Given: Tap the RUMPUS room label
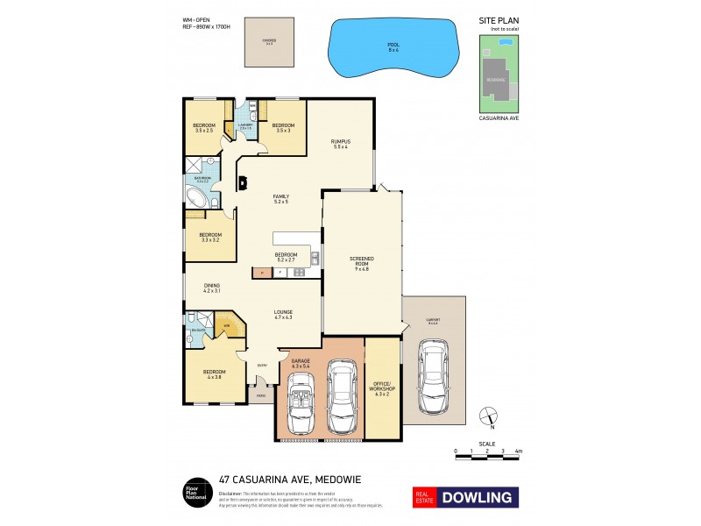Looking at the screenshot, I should [x=340, y=144].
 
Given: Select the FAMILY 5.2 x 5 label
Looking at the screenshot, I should [x=280, y=199].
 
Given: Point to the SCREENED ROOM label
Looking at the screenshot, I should [x=361, y=260].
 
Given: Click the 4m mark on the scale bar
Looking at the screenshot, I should [x=518, y=451].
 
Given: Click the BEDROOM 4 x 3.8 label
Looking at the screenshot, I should [x=213, y=374].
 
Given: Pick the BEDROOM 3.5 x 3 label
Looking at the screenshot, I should [x=283, y=128].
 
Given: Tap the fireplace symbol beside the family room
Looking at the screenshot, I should [x=242, y=183].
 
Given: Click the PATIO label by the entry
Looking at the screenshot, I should [x=260, y=397].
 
